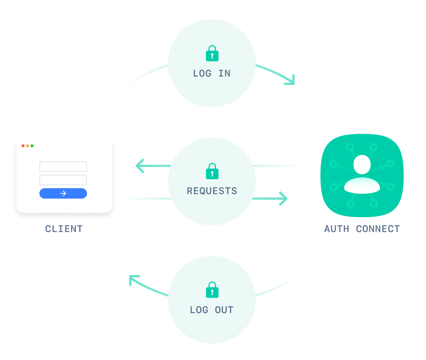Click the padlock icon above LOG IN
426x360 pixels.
pos(212,54)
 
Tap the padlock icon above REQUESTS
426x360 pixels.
pos(212,171)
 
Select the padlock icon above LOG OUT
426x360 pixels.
pos(212,290)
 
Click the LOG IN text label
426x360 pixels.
pos(212,74)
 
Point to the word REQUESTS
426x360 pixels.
pos(212,191)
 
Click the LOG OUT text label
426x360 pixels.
pos(212,310)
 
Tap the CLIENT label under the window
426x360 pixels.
pos(64,229)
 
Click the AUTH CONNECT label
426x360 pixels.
pos(362,229)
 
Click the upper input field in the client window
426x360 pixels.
pos(63,167)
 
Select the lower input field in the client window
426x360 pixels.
pos(63,180)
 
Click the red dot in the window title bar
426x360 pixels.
pos(23,146)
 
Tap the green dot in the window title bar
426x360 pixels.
pos(32,146)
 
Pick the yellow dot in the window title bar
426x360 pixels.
pos(28,146)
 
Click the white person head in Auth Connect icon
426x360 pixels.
pos(362,164)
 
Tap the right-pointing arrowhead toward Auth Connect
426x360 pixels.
pos(284,199)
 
